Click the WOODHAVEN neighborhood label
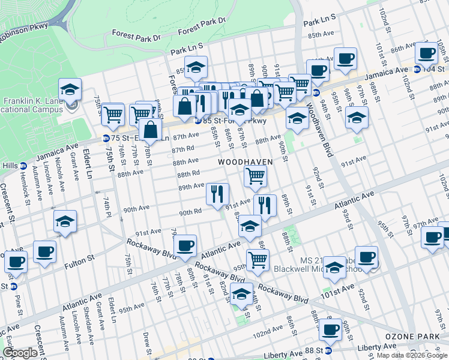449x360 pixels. [x=245, y=162]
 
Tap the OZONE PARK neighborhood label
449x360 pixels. [x=408, y=336]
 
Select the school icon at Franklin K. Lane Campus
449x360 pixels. [x=70, y=91]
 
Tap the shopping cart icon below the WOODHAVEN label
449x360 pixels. [x=255, y=176]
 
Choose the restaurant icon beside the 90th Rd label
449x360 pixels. [x=217, y=194]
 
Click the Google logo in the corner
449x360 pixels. [x=20, y=353]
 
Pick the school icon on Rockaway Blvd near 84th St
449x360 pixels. [x=241, y=295]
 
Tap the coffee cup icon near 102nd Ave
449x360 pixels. [x=330, y=329]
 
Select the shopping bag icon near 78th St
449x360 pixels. [x=150, y=129]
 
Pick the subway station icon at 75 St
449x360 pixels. [x=106, y=137]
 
